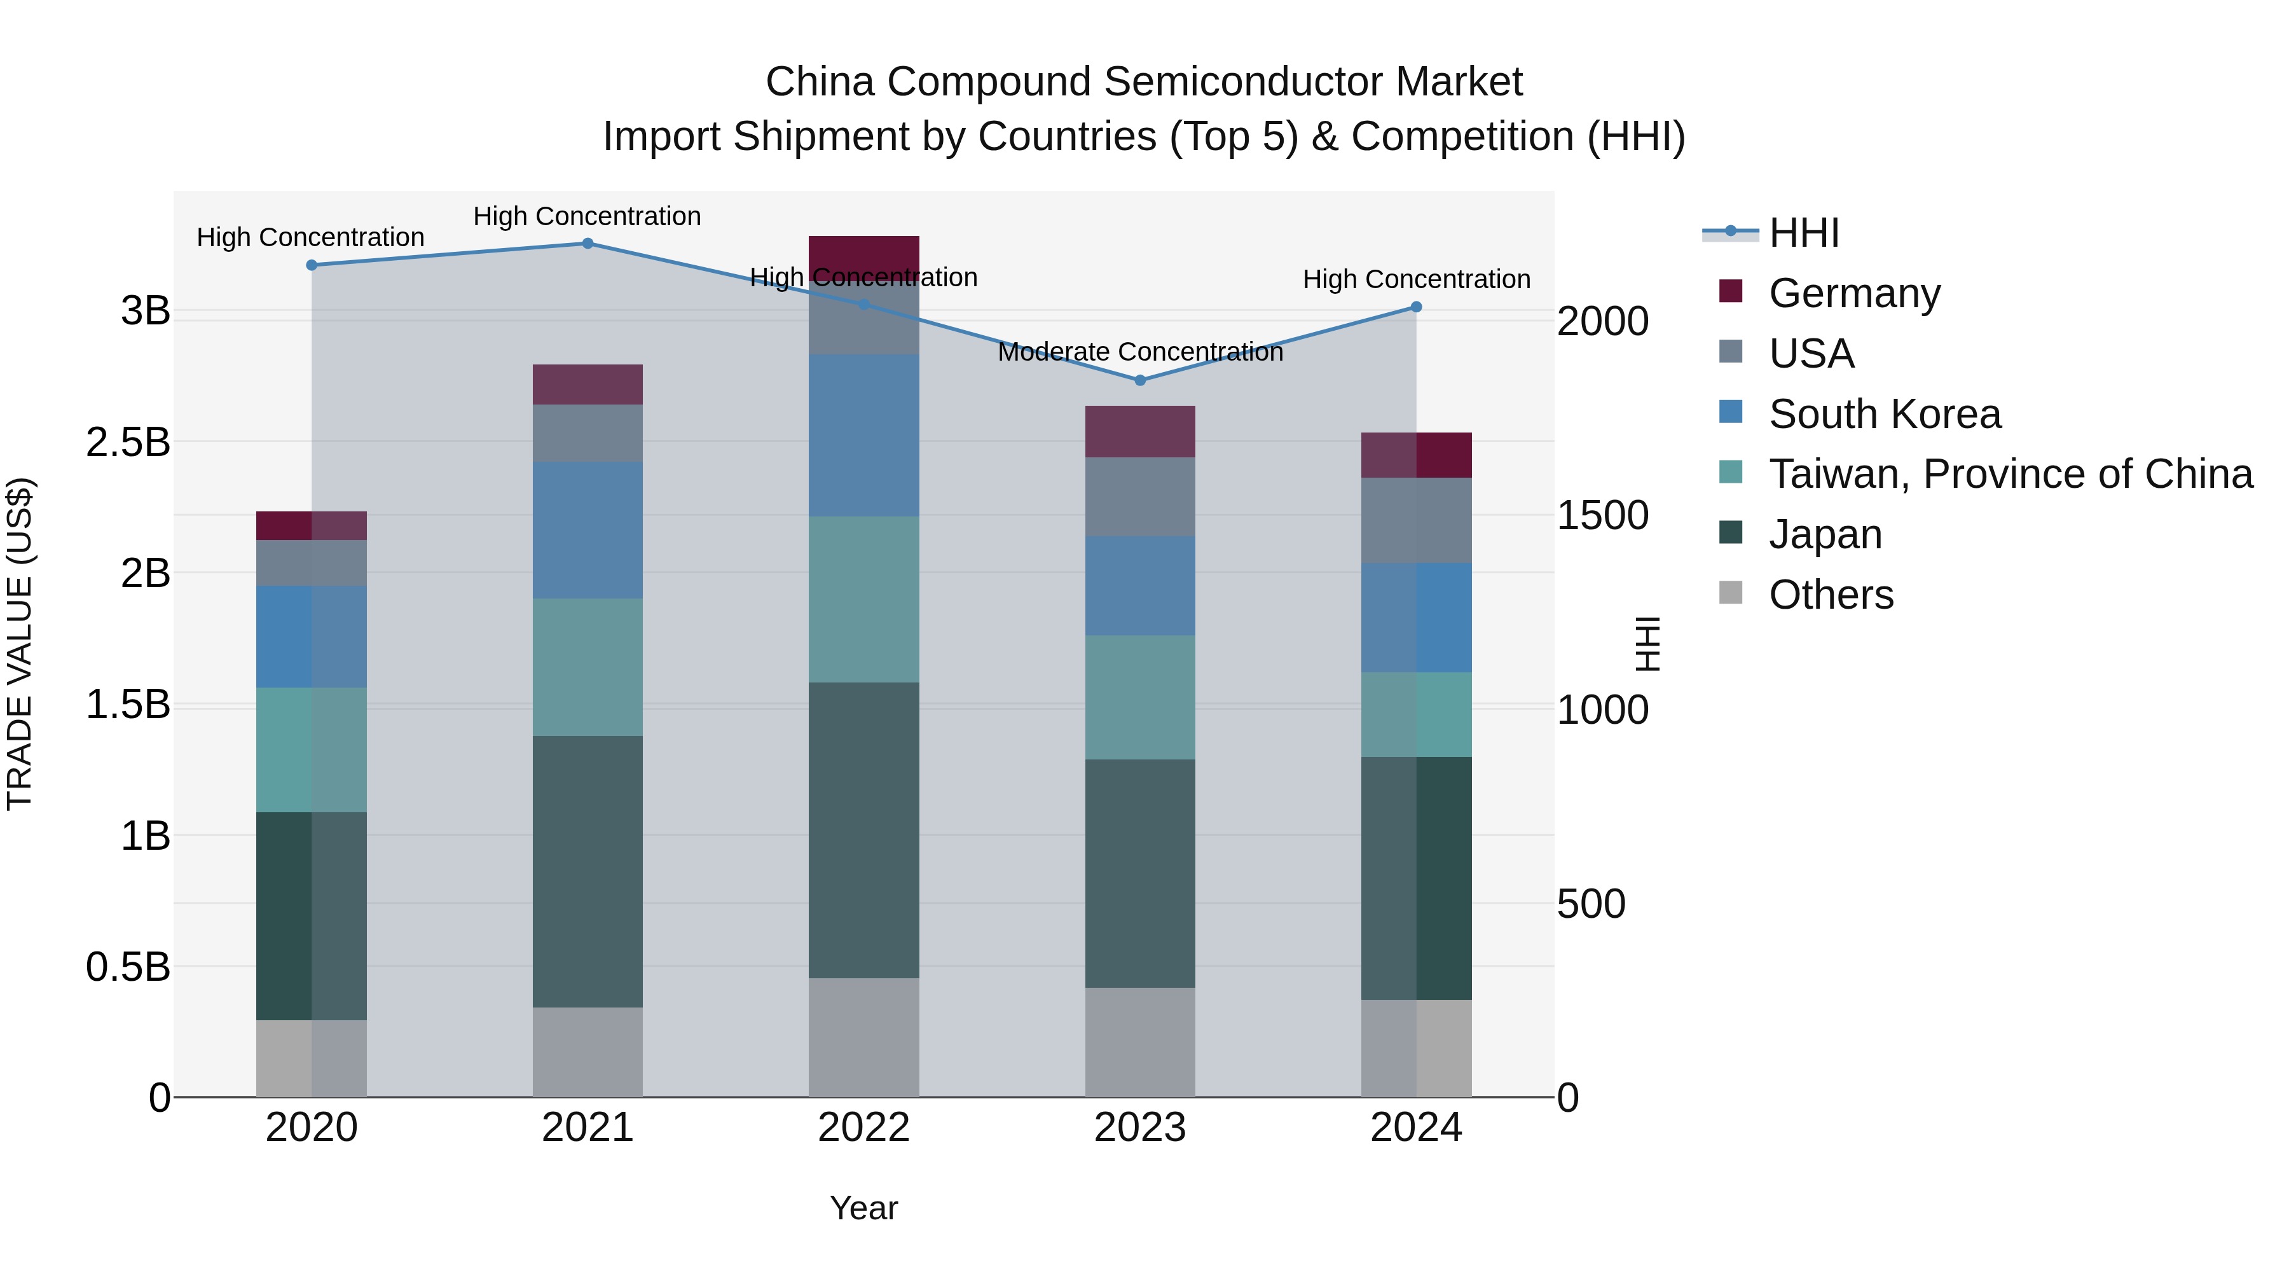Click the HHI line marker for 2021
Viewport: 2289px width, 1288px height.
pos(588,244)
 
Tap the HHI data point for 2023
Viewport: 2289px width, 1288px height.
pos(1140,380)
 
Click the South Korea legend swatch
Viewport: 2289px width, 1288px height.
pos(1731,412)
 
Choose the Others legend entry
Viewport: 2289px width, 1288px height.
pos(1831,595)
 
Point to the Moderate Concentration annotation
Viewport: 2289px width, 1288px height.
pos(1140,352)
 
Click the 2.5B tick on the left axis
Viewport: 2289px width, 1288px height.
pos(128,443)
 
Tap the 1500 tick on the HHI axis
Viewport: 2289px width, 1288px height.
pos(1602,516)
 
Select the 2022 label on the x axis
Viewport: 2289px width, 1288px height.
pos(863,1128)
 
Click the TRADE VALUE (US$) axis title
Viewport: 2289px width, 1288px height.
pos(20,644)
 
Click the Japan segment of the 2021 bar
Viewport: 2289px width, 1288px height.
pos(588,871)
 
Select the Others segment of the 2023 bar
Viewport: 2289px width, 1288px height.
pos(1140,1042)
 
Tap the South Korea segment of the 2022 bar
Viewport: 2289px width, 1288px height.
pos(863,436)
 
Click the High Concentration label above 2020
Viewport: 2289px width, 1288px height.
pos(310,237)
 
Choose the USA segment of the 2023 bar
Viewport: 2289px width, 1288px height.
pos(1140,497)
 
